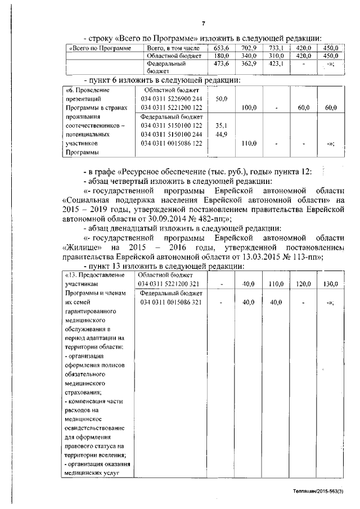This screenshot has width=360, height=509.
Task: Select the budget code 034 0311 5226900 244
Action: coord(172,99)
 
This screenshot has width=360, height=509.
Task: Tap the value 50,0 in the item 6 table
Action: coord(220,99)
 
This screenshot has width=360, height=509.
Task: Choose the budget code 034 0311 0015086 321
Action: coord(172,303)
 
